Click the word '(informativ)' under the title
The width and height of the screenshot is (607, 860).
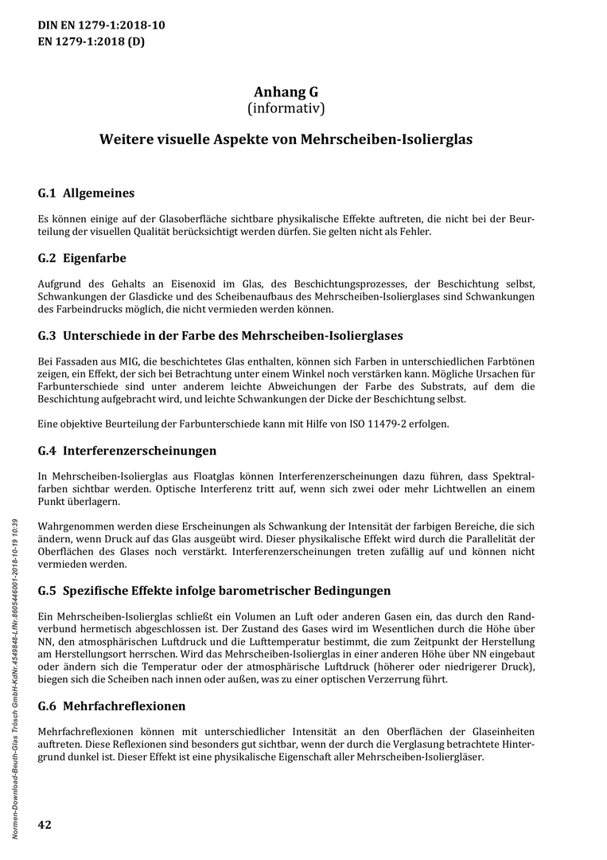[x=286, y=107]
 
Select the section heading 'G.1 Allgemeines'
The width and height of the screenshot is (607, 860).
[x=86, y=193]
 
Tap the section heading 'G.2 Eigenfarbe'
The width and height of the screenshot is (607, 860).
[x=82, y=259]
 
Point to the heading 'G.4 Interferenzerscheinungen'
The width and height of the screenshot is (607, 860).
[x=126, y=451]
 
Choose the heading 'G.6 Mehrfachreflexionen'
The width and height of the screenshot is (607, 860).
[x=111, y=706]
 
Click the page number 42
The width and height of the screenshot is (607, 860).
[x=45, y=824]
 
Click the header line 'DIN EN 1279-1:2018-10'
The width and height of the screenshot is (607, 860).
[x=102, y=25]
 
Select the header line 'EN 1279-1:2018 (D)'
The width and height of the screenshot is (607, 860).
[x=91, y=42]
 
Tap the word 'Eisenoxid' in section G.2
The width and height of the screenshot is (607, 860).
[x=171, y=283]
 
